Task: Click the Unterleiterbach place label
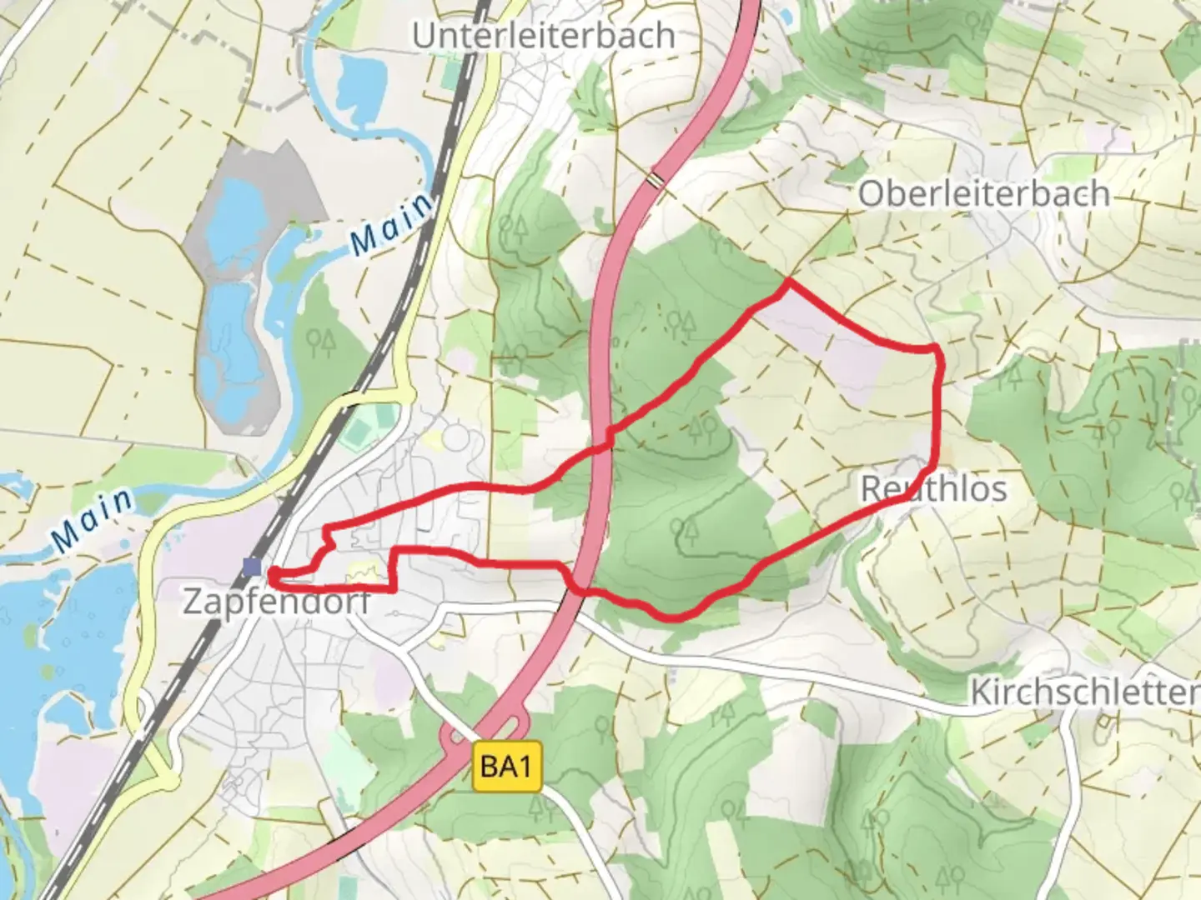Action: (544, 35)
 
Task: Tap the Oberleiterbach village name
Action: (984, 194)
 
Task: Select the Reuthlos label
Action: (933, 488)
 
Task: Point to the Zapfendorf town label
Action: (276, 601)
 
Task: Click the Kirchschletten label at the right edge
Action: (1084, 692)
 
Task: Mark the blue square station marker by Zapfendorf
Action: (252, 567)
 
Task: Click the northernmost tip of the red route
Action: (787, 282)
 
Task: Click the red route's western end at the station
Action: (270, 572)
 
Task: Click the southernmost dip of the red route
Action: (676, 618)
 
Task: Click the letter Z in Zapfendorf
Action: (193, 601)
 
